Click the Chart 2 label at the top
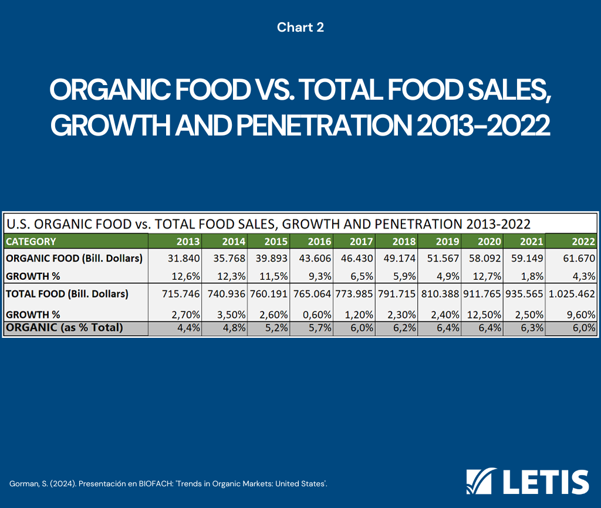pos(300,27)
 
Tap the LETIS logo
pos(527,482)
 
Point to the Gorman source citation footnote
pos(168,484)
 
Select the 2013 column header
pos(188,241)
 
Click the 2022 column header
pos(583,241)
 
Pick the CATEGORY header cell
pos(31,241)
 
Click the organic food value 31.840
pos(184,258)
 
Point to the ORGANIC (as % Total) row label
pos(65,328)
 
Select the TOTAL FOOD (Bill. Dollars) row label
pos(67,294)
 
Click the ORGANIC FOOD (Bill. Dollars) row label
pos(73,258)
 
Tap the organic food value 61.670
pos(580,258)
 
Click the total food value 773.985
pos(354,294)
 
